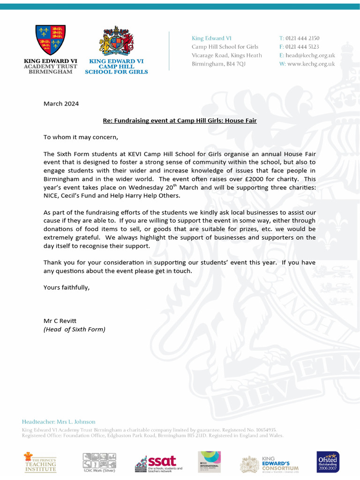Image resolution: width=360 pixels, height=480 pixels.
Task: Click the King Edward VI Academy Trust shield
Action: click(51, 40)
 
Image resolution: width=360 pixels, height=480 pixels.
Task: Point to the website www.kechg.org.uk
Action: click(311, 64)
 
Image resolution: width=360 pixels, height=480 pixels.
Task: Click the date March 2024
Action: click(61, 104)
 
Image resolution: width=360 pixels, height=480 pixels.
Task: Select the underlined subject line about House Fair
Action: click(180, 120)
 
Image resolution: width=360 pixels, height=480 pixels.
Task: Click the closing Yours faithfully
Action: click(66, 287)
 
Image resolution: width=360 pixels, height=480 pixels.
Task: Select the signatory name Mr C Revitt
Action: click(60, 321)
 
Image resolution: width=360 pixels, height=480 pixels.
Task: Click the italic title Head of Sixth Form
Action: click(75, 329)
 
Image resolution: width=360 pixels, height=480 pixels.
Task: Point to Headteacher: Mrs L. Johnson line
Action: click(59, 422)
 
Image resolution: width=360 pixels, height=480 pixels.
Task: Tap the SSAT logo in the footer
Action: click(159, 463)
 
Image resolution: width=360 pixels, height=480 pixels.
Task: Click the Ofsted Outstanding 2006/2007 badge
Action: click(328, 462)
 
